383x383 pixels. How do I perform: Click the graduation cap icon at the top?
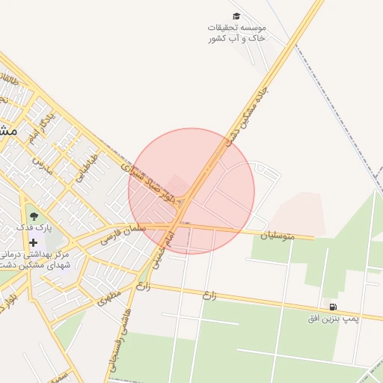click(x=236, y=16)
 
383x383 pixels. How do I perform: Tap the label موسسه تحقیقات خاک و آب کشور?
click(x=236, y=32)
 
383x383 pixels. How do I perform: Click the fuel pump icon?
click(x=331, y=307)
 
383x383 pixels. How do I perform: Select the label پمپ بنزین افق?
click(x=334, y=319)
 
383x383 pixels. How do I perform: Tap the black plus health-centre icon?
click(x=33, y=242)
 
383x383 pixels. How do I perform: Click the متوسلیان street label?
click(x=278, y=236)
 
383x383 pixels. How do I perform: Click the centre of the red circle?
click(x=191, y=191)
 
